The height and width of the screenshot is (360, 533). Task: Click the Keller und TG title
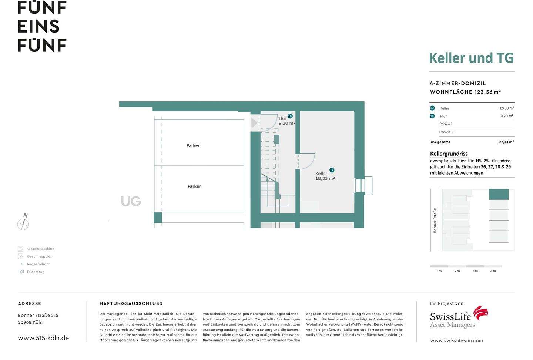point(471,58)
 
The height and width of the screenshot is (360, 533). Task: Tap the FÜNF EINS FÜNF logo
point(42,26)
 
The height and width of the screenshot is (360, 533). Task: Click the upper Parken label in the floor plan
point(193,146)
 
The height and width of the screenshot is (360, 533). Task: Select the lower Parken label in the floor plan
point(194,186)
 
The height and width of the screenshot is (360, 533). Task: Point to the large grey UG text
point(131,201)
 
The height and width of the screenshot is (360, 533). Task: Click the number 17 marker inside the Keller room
point(332,170)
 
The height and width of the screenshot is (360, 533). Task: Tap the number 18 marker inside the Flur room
point(290,116)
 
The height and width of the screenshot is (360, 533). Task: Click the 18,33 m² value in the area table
point(506,108)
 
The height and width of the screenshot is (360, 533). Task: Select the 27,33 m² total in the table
point(506,142)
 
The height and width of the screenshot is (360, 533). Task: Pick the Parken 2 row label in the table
point(446,132)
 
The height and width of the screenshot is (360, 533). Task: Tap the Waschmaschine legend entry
point(40,249)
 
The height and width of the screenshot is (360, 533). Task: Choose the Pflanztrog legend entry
point(36,272)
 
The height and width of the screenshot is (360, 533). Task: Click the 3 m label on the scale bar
point(475,271)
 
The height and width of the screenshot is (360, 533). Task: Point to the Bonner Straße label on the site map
point(435,221)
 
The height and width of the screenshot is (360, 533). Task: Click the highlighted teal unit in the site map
point(499,194)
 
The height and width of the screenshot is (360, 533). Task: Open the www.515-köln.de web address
point(43,338)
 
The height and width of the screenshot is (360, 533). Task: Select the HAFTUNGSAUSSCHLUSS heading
point(131,303)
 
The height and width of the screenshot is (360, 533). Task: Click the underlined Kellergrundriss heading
point(449,154)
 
